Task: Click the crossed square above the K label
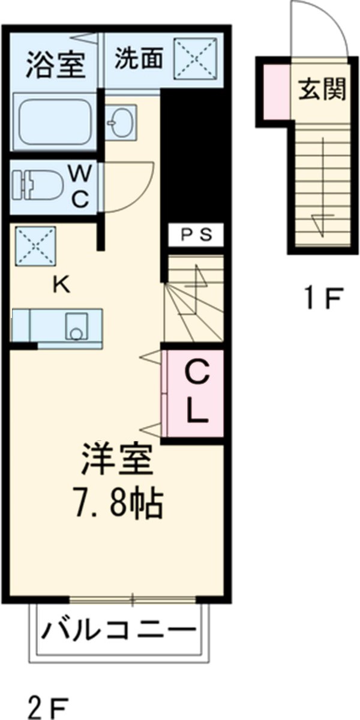point(35,246)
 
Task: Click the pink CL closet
point(196,394)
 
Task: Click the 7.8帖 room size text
point(118,505)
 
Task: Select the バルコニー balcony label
point(119,631)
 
